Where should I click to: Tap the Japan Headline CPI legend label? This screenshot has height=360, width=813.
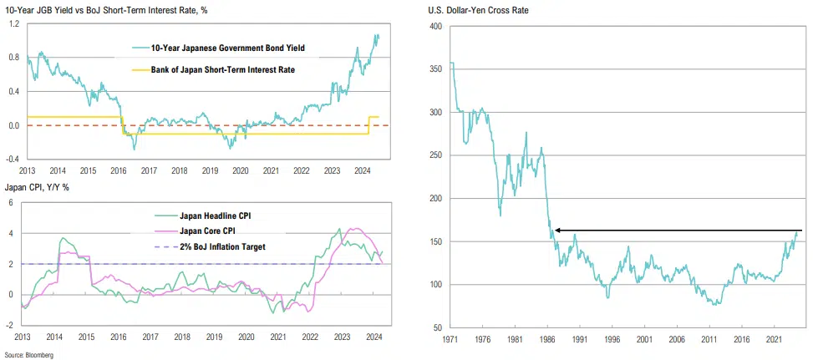tap(216, 215)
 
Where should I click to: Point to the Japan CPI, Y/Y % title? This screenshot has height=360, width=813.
tap(37, 186)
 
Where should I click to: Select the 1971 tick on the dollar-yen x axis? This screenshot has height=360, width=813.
tap(451, 341)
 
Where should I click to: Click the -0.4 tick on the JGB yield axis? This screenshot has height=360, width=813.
tap(13, 159)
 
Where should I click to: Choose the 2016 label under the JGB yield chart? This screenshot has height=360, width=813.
tap(117, 170)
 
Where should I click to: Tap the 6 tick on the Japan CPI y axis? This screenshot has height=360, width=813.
tap(11, 203)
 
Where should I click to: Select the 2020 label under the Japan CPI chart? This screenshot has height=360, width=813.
tap(246, 337)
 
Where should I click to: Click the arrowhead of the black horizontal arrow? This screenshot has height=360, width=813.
tap(558, 230)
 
